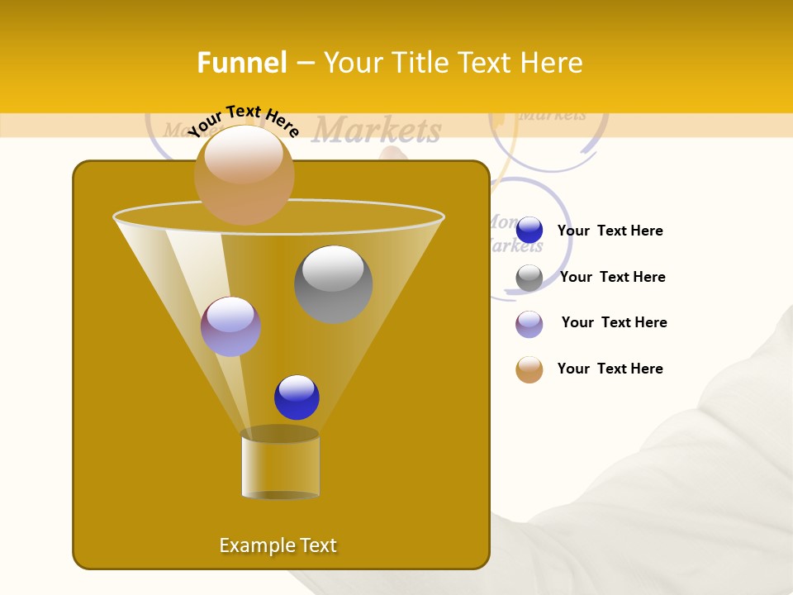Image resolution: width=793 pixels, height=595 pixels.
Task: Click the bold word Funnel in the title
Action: pyautogui.click(x=242, y=63)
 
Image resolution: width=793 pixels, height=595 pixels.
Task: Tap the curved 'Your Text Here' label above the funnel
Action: pyautogui.click(x=243, y=121)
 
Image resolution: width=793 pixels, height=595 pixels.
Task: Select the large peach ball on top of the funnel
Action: pyautogui.click(x=245, y=175)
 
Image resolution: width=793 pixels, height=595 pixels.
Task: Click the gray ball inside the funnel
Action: pyautogui.click(x=333, y=283)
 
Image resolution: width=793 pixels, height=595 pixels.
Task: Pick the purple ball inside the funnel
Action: pyautogui.click(x=230, y=326)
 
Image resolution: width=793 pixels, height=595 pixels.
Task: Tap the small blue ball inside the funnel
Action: pyautogui.click(x=297, y=397)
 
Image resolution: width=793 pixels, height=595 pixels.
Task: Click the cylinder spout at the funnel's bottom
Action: pyautogui.click(x=280, y=464)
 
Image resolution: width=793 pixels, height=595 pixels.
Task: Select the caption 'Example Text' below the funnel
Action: pyautogui.click(x=278, y=545)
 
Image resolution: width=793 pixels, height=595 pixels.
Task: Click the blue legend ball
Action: pyautogui.click(x=529, y=231)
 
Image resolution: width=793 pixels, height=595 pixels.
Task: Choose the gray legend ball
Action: pyautogui.click(x=529, y=278)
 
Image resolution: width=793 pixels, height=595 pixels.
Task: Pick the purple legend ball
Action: pyautogui.click(x=529, y=324)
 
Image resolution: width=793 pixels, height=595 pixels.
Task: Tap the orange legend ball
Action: pyautogui.click(x=529, y=369)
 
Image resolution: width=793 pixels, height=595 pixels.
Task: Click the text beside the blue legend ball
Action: pyautogui.click(x=610, y=231)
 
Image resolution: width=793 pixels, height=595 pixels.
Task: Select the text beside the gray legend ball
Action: pyautogui.click(x=612, y=278)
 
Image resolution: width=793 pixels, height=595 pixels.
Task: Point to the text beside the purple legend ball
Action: pyautogui.click(x=614, y=323)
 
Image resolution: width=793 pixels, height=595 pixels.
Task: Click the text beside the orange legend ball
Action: pyautogui.click(x=610, y=369)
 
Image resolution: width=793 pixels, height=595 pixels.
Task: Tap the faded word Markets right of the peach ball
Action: pyautogui.click(x=377, y=131)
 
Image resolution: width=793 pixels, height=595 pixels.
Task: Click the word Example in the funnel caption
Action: pyautogui.click(x=253, y=545)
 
